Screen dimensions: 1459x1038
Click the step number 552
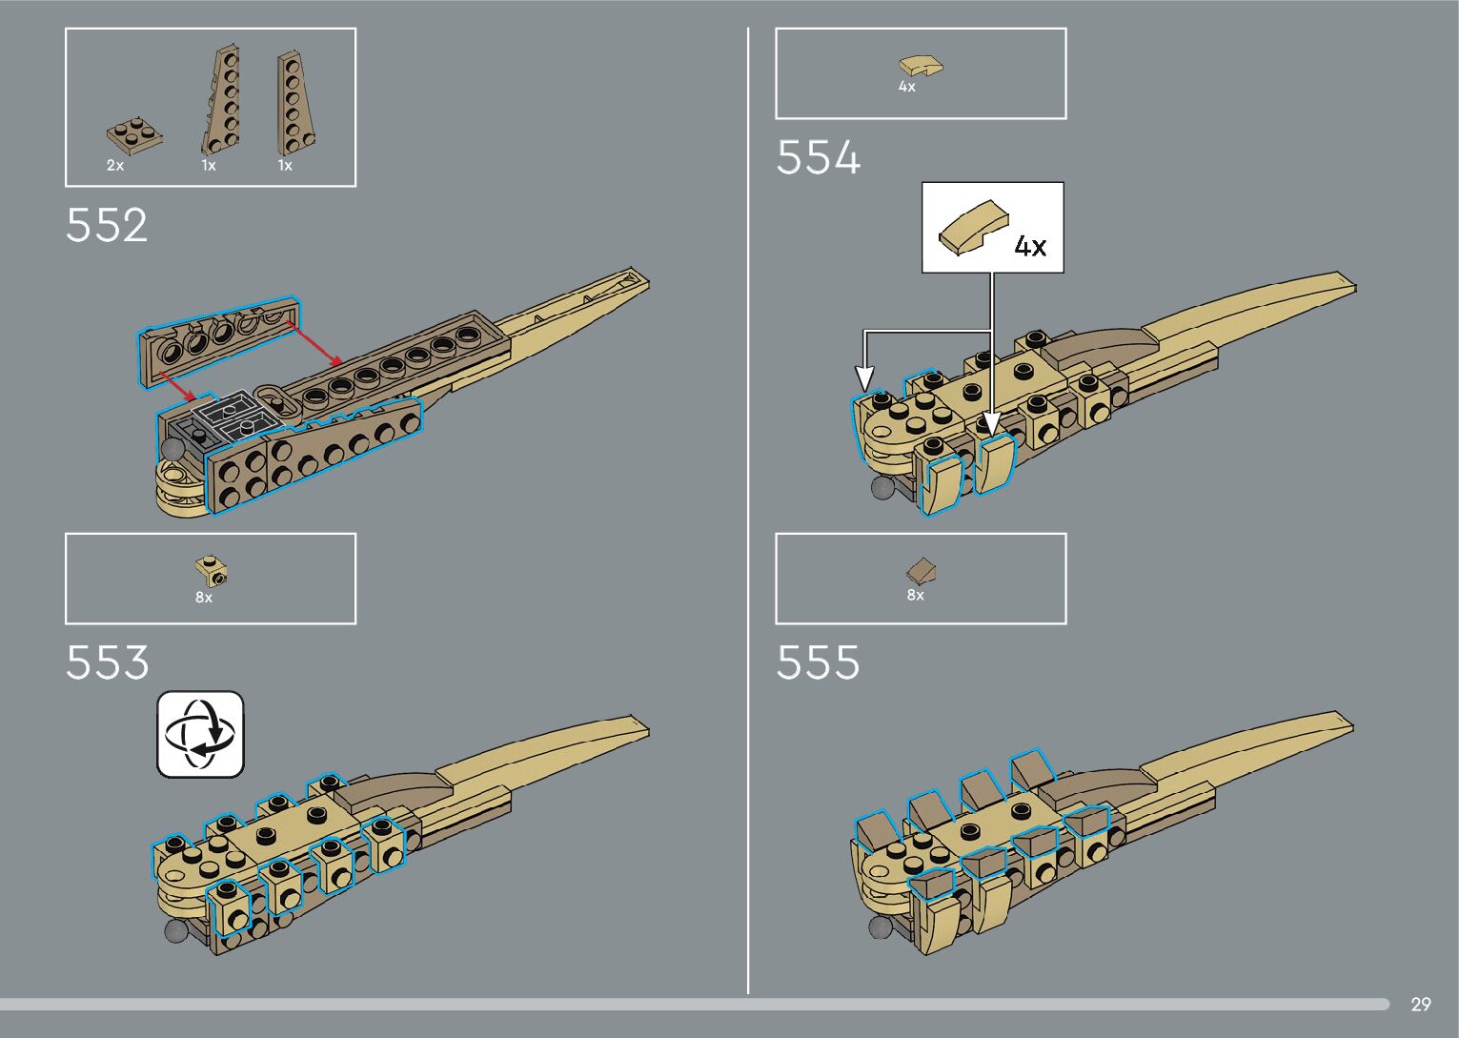tap(107, 226)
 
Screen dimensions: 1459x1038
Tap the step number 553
tap(107, 662)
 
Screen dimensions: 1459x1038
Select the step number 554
tap(818, 158)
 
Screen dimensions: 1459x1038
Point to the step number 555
tap(818, 662)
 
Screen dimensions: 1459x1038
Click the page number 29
tap(1420, 1005)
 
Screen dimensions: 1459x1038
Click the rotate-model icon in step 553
tap(200, 734)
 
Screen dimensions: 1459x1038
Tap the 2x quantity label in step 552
tap(115, 166)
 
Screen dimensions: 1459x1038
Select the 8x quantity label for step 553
tap(204, 598)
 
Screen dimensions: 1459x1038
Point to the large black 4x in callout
tap(1030, 247)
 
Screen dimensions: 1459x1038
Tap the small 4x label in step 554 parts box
tap(906, 87)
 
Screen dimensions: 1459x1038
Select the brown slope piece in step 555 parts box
tap(922, 571)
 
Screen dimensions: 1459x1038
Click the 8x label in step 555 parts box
tap(915, 595)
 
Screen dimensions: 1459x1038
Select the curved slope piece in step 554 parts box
tap(921, 67)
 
